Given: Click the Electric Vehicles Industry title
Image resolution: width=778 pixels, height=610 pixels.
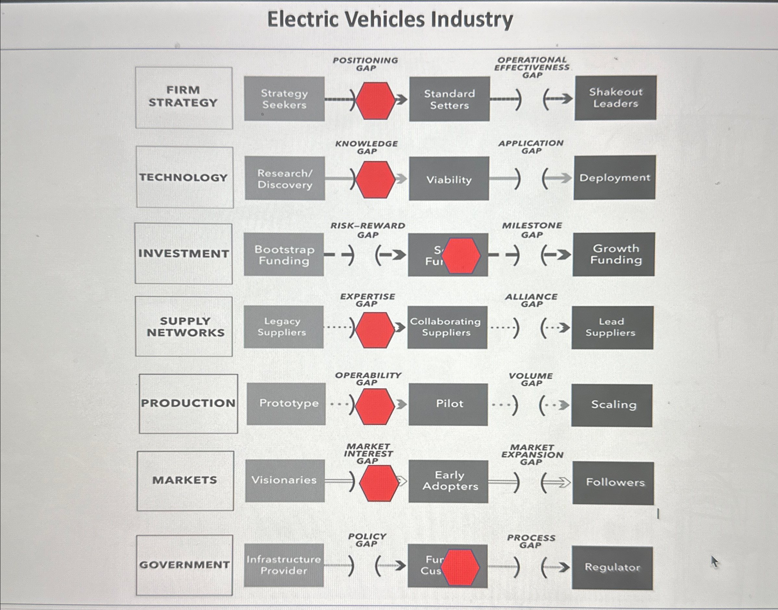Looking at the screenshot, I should point(390,19).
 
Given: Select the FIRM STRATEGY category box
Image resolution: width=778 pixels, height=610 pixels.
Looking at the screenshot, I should point(184,97).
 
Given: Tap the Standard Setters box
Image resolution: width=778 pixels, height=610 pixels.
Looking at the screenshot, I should point(449,99).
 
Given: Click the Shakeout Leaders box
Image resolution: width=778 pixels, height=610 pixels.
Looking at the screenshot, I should point(615,97).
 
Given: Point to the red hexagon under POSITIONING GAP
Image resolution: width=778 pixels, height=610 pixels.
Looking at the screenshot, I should point(375,100).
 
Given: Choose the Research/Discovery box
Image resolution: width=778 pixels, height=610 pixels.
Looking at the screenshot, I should point(285,179).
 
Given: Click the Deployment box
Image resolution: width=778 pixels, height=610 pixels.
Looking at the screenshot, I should point(614,177).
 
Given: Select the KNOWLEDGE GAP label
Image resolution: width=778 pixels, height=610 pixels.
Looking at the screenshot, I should point(366,147).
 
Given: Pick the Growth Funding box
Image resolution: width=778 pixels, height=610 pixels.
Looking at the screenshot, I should point(614,254).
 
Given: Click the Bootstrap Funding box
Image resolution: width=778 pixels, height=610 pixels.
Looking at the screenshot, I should point(284,255).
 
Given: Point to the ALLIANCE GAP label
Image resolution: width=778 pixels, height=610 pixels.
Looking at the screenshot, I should point(531,300).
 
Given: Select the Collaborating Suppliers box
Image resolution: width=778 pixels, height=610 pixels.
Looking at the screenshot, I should point(447,327).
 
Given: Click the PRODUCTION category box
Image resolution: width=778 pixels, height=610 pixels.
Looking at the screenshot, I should point(188,403).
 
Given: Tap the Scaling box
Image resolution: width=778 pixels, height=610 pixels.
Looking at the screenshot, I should point(612,405).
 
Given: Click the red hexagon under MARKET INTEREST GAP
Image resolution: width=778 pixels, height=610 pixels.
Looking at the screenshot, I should point(379,482).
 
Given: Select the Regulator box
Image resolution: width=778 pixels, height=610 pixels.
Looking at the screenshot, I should point(612,567).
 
